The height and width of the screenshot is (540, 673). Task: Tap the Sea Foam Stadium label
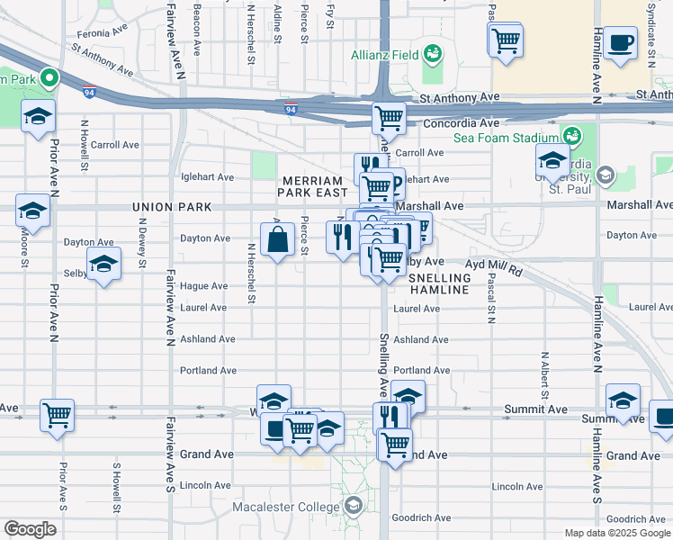point(506,138)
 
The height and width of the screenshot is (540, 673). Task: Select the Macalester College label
point(287,506)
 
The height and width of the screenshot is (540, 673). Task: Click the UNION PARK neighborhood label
point(171,207)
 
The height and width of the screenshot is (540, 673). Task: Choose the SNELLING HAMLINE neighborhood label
point(440,283)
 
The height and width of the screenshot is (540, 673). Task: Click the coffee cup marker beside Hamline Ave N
point(620,43)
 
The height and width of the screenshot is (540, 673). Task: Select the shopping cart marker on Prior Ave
point(57,415)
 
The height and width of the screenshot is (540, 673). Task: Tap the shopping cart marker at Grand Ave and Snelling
point(394,444)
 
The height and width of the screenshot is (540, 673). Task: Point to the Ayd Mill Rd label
point(493,266)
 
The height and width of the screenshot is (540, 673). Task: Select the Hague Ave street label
point(203,286)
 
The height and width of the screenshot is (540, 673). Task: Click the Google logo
point(30,529)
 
